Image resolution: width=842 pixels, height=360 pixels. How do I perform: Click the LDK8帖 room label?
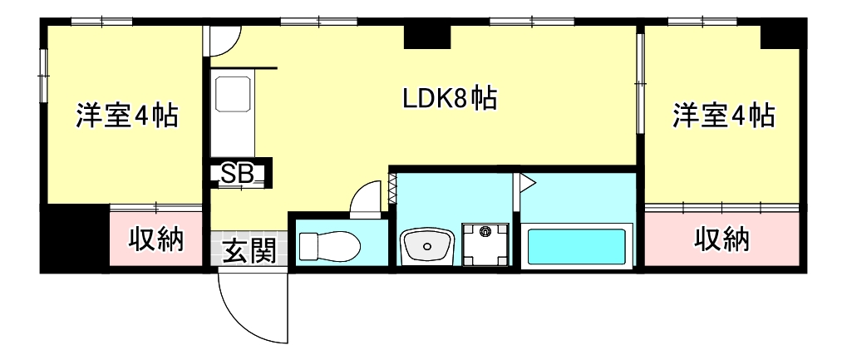(x=450, y=101)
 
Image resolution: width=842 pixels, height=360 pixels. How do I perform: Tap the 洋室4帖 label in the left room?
(x=126, y=116)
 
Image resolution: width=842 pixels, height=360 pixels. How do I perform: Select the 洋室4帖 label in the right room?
(x=723, y=116)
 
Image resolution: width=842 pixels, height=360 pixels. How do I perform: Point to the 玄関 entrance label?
(x=249, y=250)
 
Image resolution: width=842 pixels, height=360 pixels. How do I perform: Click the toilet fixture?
(x=329, y=246)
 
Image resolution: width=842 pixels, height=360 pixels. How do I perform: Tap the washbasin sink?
(x=427, y=245)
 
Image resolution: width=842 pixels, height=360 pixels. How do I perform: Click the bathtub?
(x=577, y=247)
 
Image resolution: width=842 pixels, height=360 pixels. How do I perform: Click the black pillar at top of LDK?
(x=426, y=37)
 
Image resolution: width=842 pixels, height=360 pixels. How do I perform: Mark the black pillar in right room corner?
(x=780, y=35)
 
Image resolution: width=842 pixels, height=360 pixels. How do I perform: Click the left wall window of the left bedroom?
(x=43, y=76)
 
